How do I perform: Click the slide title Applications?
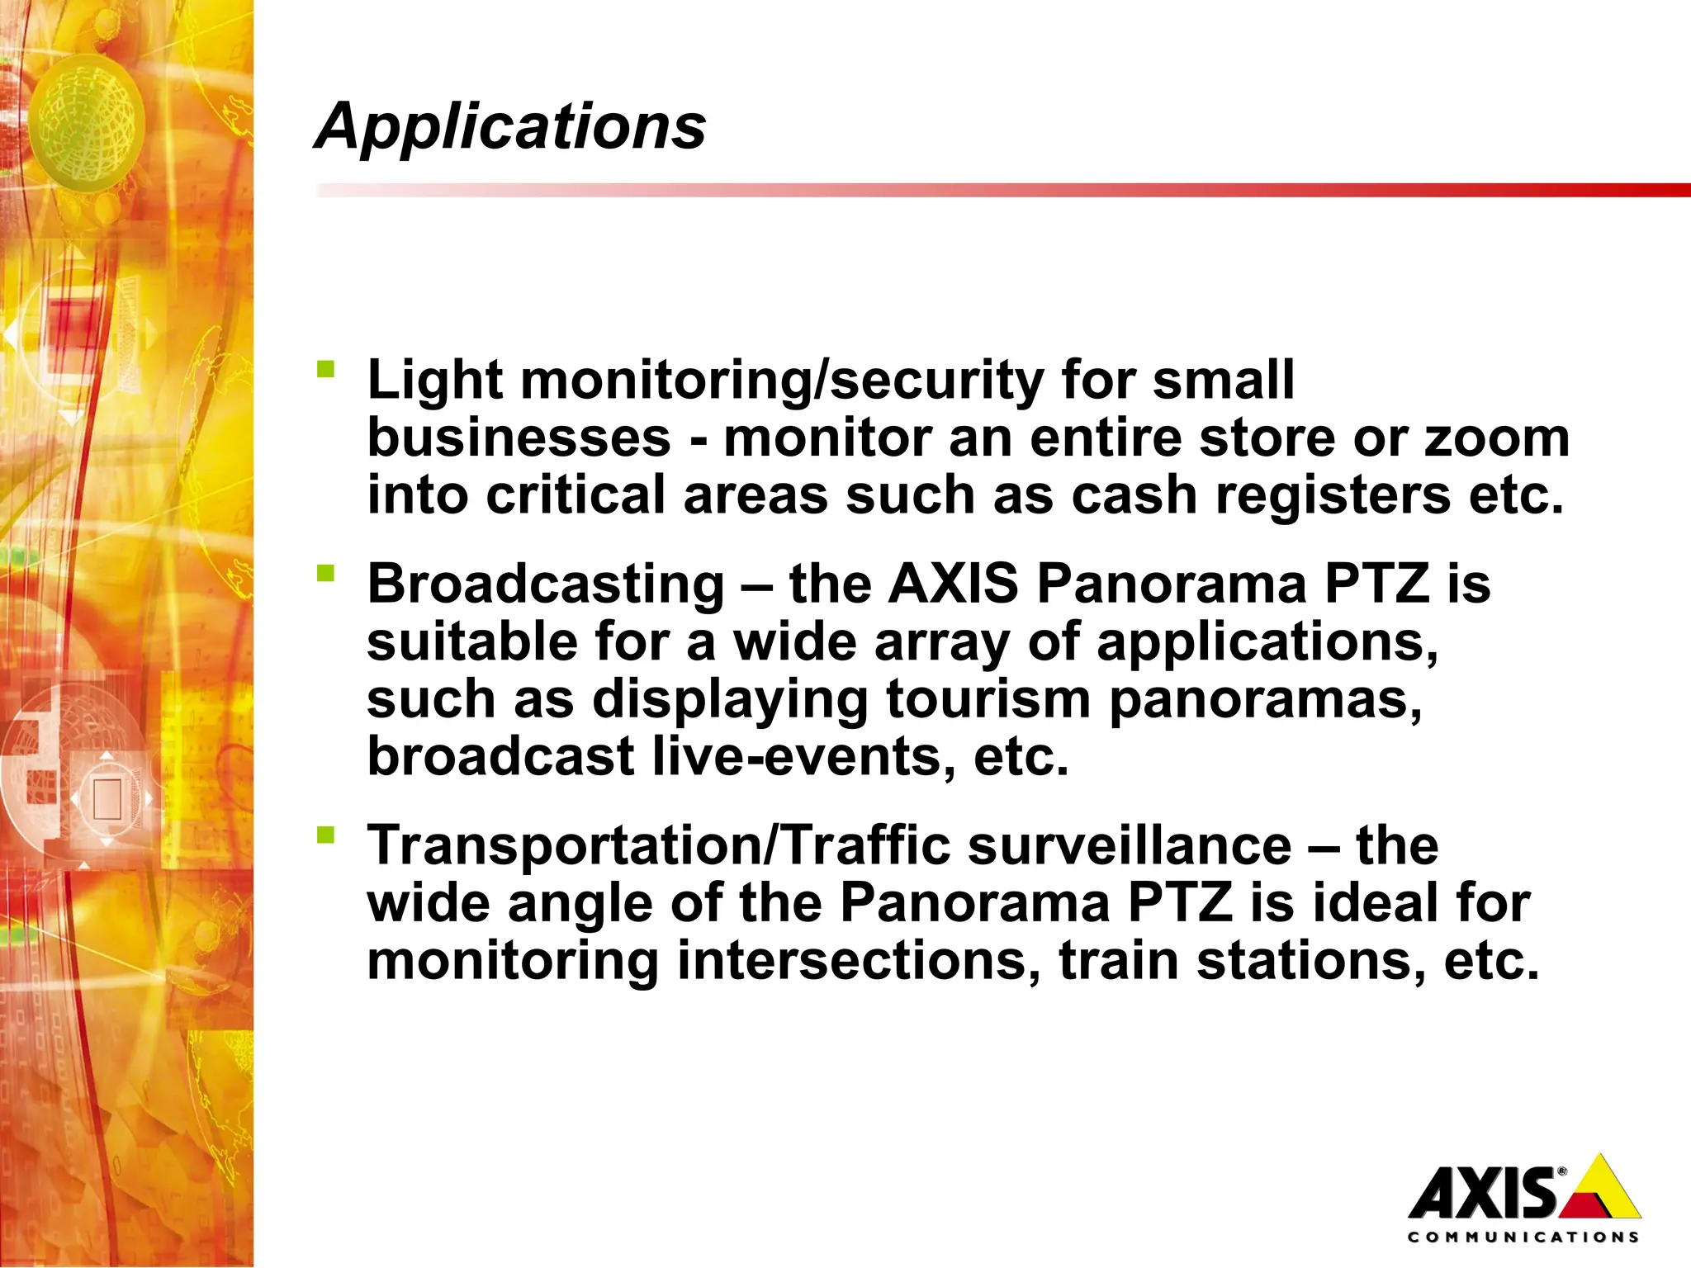tap(510, 126)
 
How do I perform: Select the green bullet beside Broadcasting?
tap(325, 572)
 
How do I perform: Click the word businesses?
tap(519, 438)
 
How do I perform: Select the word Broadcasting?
tap(545, 584)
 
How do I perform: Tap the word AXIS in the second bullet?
tap(954, 584)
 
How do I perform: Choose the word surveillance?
tap(1129, 845)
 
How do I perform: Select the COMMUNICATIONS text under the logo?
tap(1523, 1237)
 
